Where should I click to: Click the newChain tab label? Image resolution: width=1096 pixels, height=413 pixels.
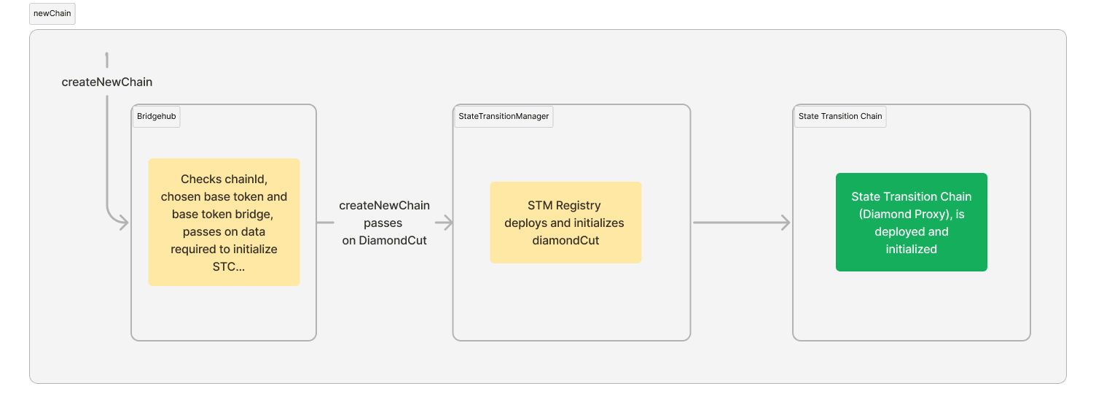pos(52,14)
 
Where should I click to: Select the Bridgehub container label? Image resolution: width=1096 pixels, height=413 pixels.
pos(156,117)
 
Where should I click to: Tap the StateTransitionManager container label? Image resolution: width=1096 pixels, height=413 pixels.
pos(504,117)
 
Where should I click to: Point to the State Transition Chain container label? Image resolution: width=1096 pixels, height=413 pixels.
pos(839,117)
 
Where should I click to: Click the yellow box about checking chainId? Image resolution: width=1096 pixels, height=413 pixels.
pos(224,222)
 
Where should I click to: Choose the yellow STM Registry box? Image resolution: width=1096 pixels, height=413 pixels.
pos(565,222)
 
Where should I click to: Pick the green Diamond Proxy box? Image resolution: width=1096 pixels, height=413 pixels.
pos(911,222)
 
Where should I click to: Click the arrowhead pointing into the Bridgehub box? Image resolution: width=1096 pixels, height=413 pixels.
pos(124,223)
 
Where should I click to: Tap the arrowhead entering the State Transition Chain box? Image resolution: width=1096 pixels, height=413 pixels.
pos(786,223)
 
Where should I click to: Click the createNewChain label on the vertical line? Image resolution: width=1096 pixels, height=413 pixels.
pos(107,82)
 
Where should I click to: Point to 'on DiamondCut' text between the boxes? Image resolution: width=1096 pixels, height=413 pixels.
pos(384,240)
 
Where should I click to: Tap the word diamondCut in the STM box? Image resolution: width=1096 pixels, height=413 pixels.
pos(565,240)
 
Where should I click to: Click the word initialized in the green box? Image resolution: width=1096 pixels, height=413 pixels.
pos(911,249)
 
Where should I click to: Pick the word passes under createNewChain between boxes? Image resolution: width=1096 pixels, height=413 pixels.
pos(383,223)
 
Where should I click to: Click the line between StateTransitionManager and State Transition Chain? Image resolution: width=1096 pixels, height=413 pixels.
pos(736,223)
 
